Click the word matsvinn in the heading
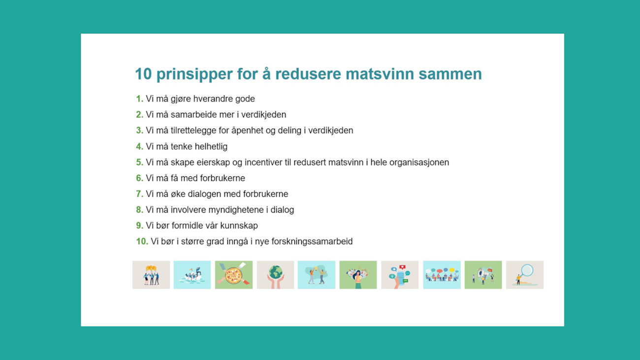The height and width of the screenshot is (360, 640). tap(380, 74)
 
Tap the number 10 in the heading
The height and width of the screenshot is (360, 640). tap(143, 74)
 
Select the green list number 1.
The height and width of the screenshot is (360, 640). tap(139, 99)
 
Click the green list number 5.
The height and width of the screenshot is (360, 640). tap(139, 163)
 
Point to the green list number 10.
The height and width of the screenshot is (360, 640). tap(142, 241)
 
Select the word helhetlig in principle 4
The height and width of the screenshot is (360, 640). tap(211, 147)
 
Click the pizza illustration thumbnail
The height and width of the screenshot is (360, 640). tap(234, 275)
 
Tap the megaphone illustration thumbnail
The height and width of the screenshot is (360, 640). tap(483, 275)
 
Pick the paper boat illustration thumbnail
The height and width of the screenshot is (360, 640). tap(192, 275)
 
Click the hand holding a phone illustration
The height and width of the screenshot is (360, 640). tap(400, 275)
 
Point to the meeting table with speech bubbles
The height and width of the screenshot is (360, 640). tap(442, 275)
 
